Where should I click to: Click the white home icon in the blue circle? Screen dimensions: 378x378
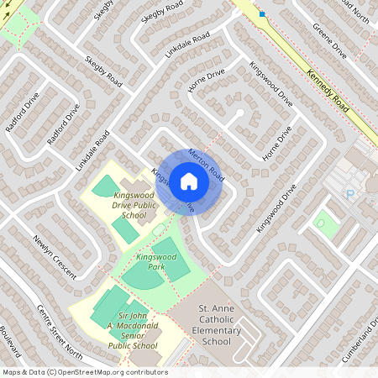[189, 181]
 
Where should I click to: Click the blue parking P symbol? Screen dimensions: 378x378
[350, 194]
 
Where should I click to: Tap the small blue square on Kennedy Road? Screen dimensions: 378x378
[262, 14]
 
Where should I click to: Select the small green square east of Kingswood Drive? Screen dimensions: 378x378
[322, 223]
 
